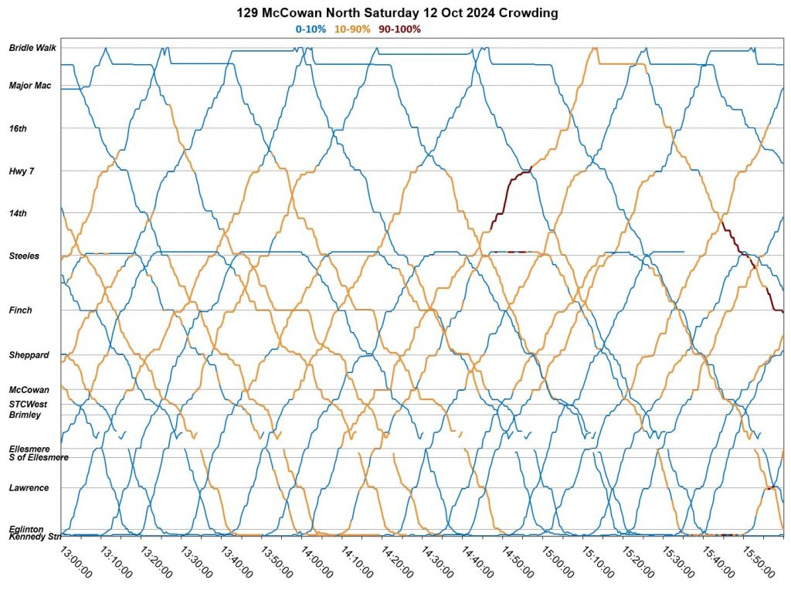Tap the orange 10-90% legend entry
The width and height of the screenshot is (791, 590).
point(352,29)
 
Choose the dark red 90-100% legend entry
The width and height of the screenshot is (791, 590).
point(399,29)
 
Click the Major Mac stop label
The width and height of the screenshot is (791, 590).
point(30,86)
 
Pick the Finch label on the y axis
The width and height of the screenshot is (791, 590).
point(21,310)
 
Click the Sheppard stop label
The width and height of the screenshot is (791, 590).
point(29,355)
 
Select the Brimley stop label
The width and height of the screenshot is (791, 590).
point(25,415)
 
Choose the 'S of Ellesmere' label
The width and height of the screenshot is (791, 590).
point(39,457)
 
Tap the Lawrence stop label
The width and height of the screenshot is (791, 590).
point(29,488)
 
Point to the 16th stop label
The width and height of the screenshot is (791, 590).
point(18,128)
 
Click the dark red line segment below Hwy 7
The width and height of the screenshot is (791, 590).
point(506,193)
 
